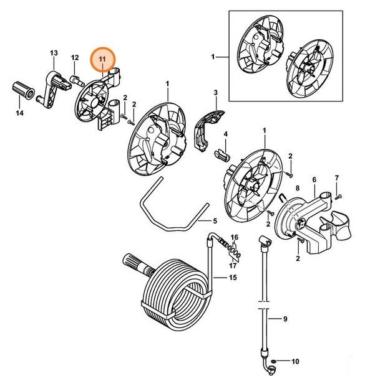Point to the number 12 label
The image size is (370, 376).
(74, 58)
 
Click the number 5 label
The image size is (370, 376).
(215, 221)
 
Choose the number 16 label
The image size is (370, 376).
(235, 238)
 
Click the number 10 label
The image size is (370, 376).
(296, 361)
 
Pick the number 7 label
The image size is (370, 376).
(337, 178)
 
